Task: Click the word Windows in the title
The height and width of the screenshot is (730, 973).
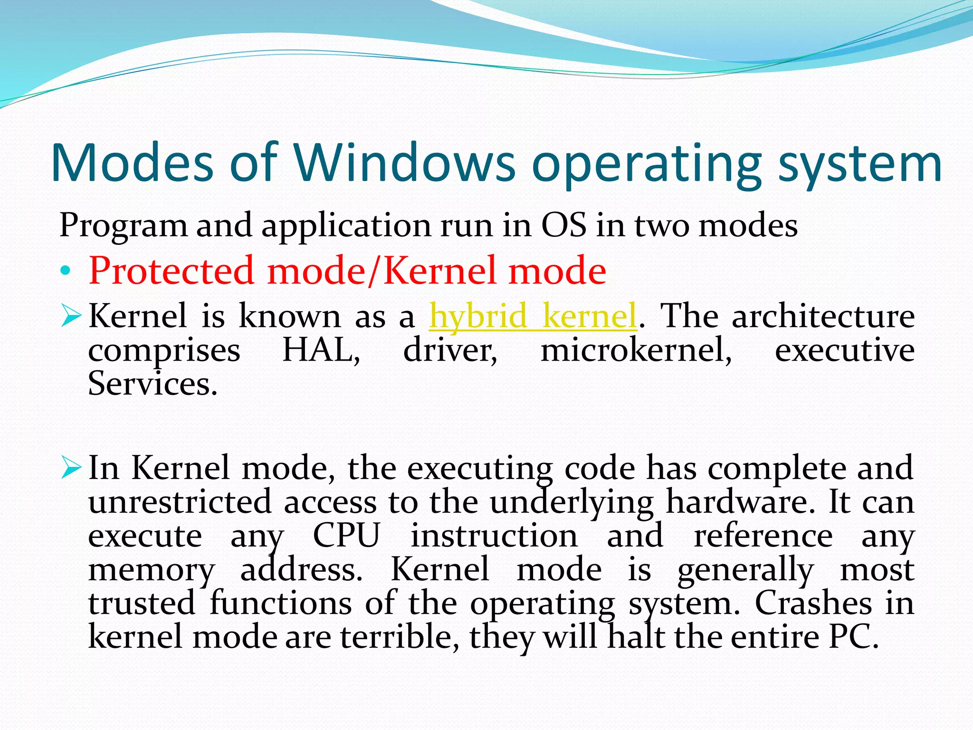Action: (404, 163)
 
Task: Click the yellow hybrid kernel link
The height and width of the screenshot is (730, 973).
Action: (533, 316)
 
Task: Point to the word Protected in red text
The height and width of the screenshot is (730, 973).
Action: (171, 270)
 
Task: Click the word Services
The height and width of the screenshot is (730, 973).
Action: (153, 384)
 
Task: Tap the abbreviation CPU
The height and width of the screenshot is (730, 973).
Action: (347, 536)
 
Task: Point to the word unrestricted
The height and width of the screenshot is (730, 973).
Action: (180, 502)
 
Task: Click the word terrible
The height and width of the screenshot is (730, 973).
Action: (399, 637)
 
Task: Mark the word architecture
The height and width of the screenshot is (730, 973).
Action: (823, 316)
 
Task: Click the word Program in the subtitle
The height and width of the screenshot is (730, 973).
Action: (123, 226)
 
